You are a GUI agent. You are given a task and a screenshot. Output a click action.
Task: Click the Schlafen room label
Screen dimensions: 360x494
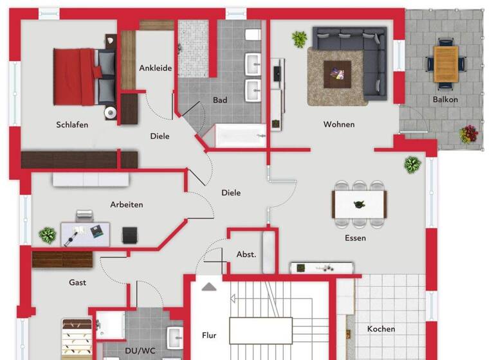coord(72,125)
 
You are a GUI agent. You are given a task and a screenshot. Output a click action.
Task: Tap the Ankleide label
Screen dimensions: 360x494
coord(156,68)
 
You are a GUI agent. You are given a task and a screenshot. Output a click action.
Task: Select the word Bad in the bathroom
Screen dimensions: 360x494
coord(220,100)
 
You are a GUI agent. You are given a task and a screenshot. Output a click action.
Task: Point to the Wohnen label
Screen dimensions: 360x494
coord(339,124)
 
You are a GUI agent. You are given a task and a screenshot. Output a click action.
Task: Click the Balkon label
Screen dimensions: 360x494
coord(445,100)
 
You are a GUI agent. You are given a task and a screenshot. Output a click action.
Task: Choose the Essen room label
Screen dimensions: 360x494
coord(355,238)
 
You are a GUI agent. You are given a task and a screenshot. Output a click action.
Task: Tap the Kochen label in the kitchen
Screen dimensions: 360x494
coord(381,329)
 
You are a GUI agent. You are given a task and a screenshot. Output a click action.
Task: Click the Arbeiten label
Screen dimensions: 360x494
coord(126,204)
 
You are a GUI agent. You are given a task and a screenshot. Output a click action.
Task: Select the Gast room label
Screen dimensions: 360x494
coord(77,282)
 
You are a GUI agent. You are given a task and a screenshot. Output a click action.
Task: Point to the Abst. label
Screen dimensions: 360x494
coord(246,254)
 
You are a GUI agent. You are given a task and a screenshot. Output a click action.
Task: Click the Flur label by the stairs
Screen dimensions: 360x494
coord(209,335)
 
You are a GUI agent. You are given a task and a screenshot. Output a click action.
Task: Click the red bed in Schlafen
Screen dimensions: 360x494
coord(76,76)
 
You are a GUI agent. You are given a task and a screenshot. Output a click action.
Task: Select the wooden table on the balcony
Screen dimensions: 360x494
coord(446,64)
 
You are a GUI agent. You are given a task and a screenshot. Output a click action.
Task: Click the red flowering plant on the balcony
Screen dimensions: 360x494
coord(469,134)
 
